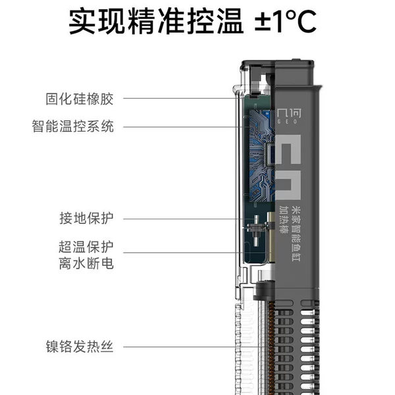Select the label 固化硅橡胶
coord(80,99)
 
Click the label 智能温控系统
coord(72,126)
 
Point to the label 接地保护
coord(86,218)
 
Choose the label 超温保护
coord(86,247)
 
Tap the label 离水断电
coord(86,263)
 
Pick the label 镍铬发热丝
coord(80,347)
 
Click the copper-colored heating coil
coord(271,348)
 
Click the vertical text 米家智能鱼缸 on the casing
coord(296,234)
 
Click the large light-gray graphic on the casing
coord(288,167)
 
